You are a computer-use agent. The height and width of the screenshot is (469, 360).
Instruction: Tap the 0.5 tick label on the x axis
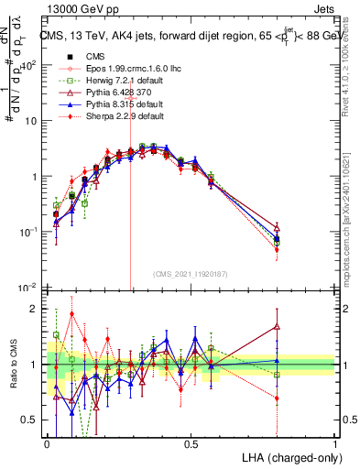point(191,443)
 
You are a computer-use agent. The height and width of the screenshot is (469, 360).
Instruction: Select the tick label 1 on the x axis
point(335,443)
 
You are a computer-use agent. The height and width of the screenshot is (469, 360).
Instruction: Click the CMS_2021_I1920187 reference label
point(191,273)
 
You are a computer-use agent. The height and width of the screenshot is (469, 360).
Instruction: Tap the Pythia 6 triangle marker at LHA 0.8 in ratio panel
point(278,326)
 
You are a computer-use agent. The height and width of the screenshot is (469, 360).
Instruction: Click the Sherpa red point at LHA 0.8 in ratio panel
point(278,398)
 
